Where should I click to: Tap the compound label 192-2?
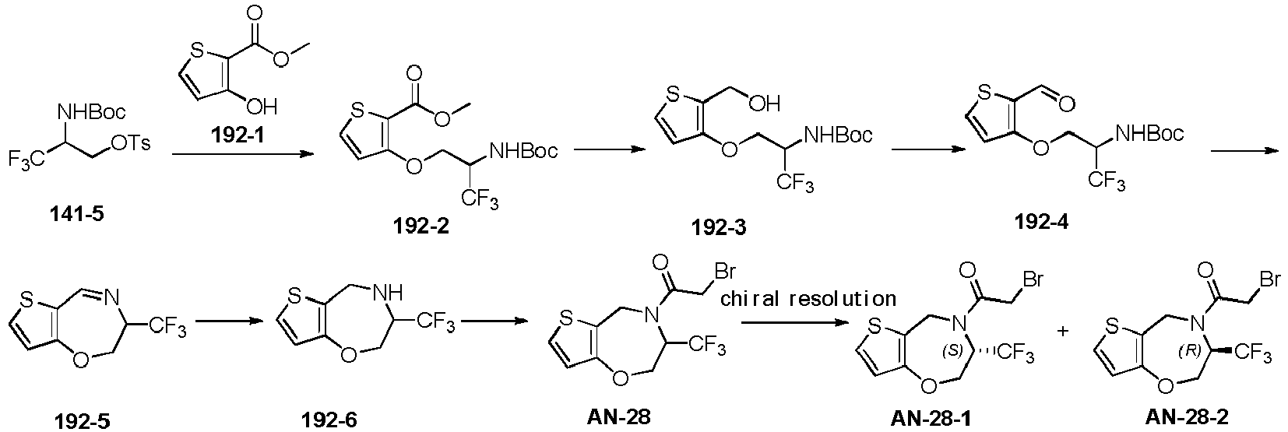click(421, 227)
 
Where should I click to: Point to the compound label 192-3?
click(719, 227)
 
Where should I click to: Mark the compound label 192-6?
click(329, 420)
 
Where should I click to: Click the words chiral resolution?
click(808, 299)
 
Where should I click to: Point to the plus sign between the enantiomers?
click(1063, 347)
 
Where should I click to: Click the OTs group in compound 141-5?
click(132, 144)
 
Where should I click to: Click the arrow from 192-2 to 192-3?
click(608, 150)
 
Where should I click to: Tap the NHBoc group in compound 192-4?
click(1149, 134)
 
